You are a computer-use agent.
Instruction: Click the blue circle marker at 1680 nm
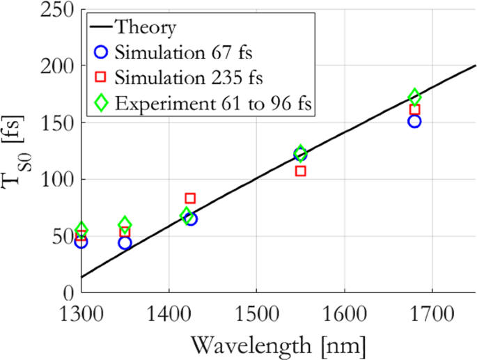click(x=415, y=121)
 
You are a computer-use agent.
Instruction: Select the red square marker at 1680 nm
click(x=415, y=110)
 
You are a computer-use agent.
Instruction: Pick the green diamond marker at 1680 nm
click(x=415, y=97)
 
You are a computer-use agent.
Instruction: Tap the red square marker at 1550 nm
click(x=301, y=171)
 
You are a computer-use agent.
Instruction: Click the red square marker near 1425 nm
click(x=190, y=198)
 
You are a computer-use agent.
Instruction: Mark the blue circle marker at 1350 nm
click(x=125, y=243)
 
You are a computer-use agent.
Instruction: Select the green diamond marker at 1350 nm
click(x=125, y=224)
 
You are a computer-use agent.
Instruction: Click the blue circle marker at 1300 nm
click(x=81, y=242)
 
